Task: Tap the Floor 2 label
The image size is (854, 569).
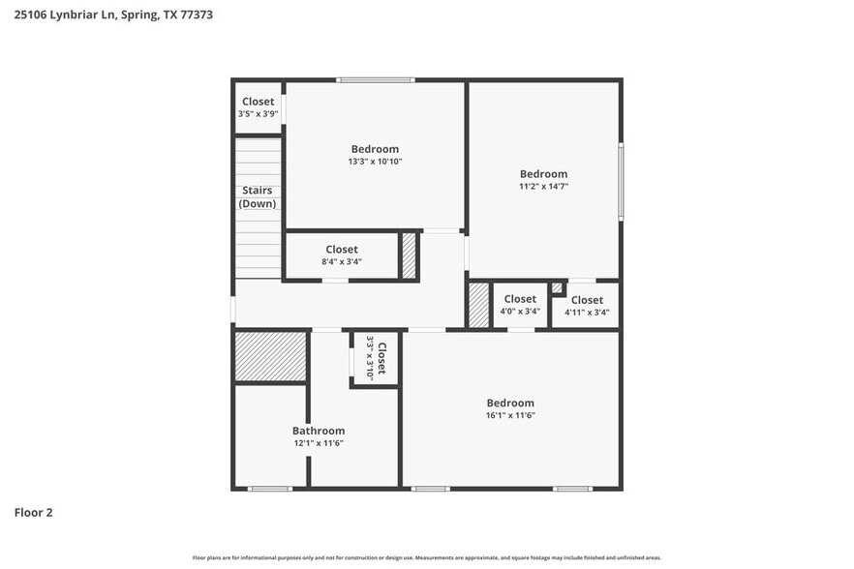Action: [33, 512]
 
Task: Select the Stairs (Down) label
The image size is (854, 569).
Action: [258, 197]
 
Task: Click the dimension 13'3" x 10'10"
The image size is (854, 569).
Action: [375, 162]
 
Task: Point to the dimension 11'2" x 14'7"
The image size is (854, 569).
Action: [543, 186]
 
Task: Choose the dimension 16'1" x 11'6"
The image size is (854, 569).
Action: [510, 415]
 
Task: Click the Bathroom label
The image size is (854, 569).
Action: [319, 431]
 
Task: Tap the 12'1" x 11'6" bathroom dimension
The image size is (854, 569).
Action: [319, 443]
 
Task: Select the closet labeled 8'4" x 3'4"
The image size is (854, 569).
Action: [342, 255]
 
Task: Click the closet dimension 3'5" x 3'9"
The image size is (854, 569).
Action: [258, 114]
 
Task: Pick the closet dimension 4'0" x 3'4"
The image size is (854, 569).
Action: [520, 312]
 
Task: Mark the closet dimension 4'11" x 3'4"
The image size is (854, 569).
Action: [587, 313]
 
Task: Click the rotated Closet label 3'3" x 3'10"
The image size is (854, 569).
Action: [375, 359]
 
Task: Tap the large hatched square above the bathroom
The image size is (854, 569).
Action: [271, 356]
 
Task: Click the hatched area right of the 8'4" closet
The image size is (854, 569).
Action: [409, 256]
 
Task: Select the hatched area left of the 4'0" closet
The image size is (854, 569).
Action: [478, 305]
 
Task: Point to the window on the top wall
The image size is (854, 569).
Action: [376, 79]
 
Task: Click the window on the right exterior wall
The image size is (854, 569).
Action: [621, 182]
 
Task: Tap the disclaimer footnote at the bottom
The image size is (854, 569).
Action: [426, 557]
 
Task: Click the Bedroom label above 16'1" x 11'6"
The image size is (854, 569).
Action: [510, 403]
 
